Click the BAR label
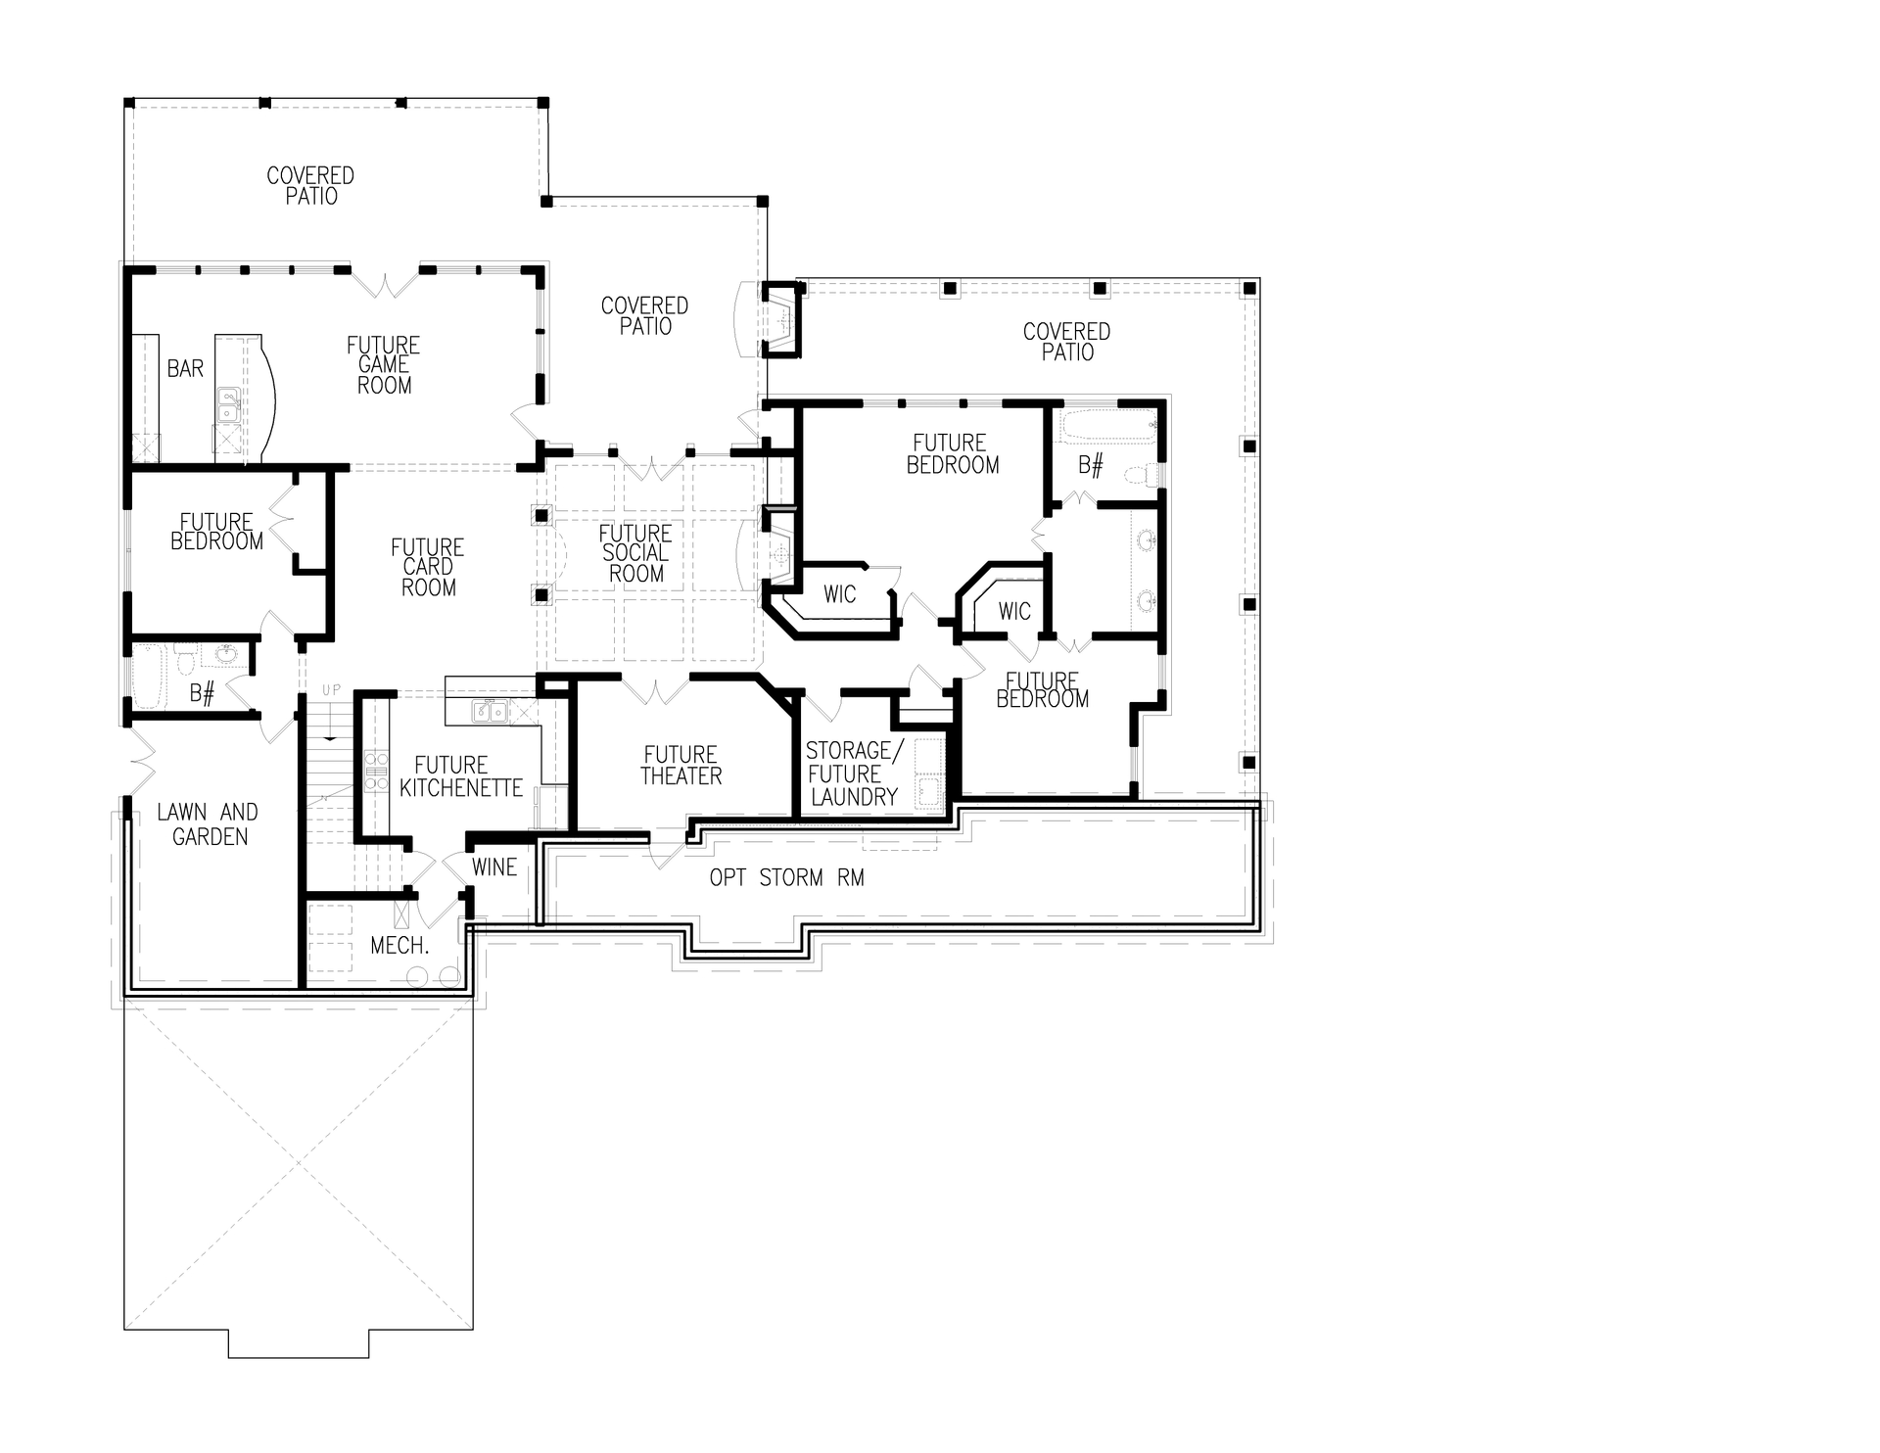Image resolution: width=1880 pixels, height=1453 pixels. tap(185, 369)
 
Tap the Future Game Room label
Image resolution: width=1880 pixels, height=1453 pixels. tap(384, 365)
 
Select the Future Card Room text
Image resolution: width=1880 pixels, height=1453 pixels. tap(428, 568)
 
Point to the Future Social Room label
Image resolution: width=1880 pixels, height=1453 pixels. tap(635, 553)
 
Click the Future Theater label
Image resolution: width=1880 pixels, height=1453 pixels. tap(681, 766)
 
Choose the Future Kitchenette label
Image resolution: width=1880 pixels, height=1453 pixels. tap(460, 776)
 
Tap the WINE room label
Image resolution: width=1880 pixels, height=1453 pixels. tap(493, 867)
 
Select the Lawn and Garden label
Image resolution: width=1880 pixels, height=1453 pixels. tap(209, 824)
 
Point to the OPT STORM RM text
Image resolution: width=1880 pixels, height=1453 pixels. tap(786, 878)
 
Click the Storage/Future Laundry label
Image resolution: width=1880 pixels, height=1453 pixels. tap(853, 773)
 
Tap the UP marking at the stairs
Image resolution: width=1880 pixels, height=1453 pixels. tap(331, 690)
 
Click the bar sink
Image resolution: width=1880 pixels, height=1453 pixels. tap(227, 398)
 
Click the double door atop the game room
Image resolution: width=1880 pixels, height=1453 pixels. tap(385, 283)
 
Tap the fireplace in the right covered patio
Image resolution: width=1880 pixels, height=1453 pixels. tap(782, 318)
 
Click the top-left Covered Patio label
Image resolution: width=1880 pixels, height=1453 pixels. tap(310, 186)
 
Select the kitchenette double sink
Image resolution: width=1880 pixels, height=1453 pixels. tap(489, 712)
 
